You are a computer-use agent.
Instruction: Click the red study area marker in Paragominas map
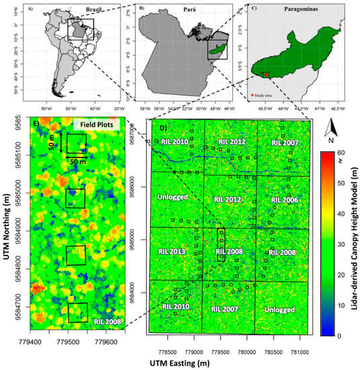(266, 75)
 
